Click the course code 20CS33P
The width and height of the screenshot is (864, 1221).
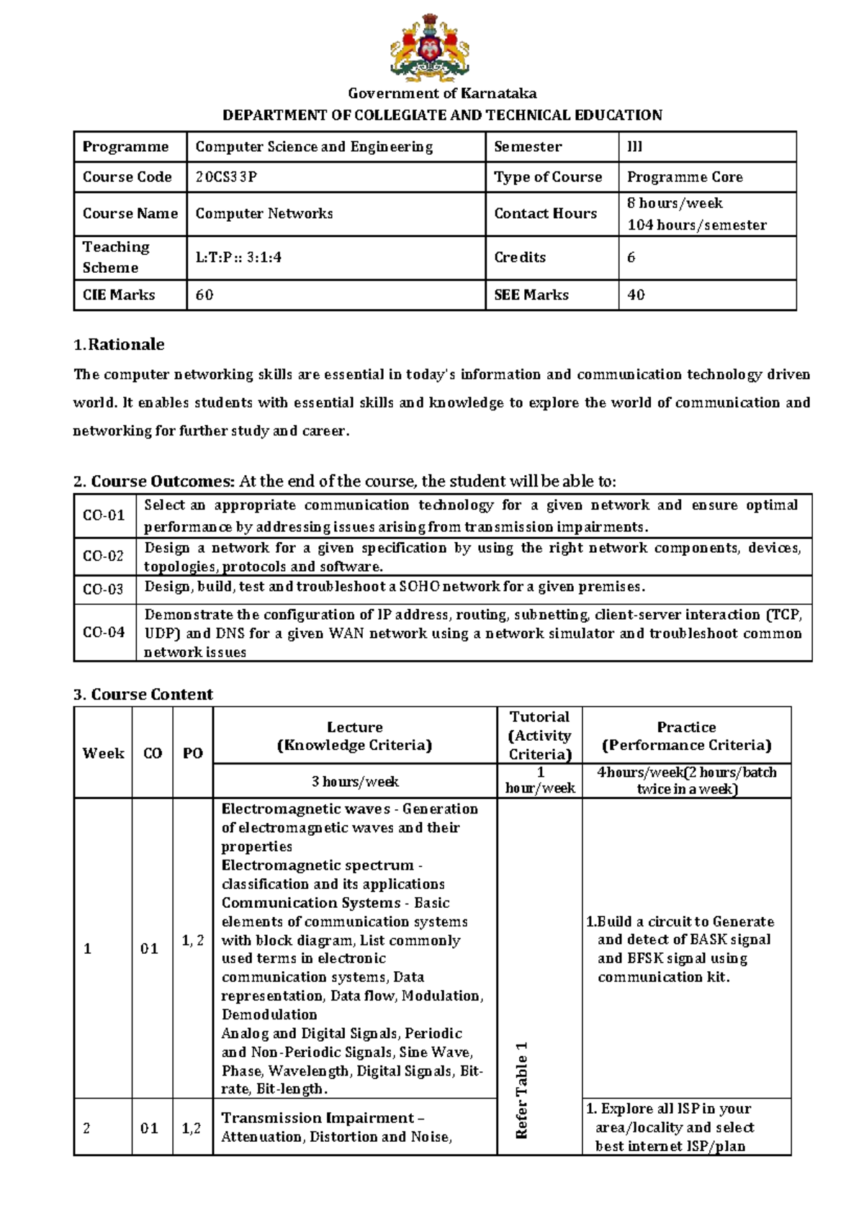tap(225, 177)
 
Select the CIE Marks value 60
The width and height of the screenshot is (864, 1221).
tap(204, 295)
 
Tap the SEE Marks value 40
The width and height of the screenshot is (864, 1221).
tap(636, 295)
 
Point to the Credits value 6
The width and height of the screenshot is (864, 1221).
tap(631, 258)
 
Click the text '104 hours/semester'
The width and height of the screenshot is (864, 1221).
tap(696, 225)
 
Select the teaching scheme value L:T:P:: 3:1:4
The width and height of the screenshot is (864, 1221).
tap(238, 258)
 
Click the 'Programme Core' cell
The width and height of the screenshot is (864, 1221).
tap(684, 177)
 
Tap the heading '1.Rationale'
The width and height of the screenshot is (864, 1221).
tap(119, 345)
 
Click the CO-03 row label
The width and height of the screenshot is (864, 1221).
tap(103, 590)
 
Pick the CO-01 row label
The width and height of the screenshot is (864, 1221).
tap(104, 515)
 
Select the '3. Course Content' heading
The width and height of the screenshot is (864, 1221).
tap(143, 695)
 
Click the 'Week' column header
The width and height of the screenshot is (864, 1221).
tap(103, 754)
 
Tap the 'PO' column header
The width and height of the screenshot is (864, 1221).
tap(192, 754)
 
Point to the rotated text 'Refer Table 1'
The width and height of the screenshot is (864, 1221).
tap(522, 1090)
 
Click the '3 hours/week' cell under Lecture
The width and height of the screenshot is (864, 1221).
tap(354, 782)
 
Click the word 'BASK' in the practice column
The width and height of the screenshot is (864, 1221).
tap(708, 940)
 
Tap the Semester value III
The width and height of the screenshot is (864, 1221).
tap(634, 147)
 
